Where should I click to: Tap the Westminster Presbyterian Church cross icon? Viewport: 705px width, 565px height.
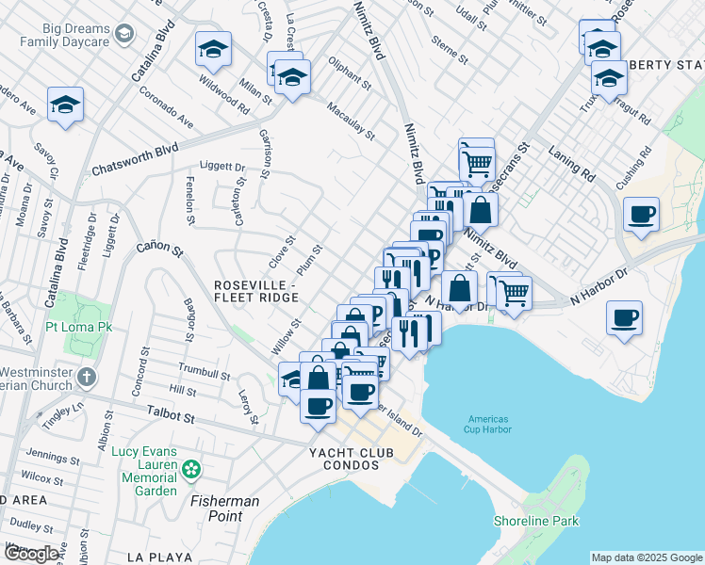(86, 378)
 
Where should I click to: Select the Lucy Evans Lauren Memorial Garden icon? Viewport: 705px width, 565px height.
(192, 468)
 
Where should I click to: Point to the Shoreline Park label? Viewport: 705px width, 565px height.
(536, 521)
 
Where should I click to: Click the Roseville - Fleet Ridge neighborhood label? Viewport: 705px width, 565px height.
(256, 290)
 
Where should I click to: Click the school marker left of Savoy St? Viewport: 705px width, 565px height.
(66, 105)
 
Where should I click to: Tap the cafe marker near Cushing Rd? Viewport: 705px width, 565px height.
(641, 215)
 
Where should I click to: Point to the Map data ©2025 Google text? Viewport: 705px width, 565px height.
(647, 557)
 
